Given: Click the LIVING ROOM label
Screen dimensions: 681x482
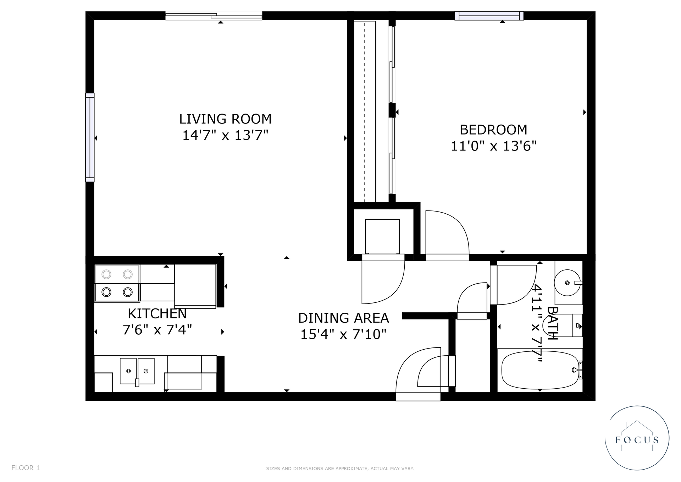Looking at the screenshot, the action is coord(225,119).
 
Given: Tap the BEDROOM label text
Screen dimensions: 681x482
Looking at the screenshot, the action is coord(493,130).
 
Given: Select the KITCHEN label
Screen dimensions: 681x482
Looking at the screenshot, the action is coord(157,314).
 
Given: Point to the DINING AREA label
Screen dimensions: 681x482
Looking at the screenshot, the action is coord(343,318).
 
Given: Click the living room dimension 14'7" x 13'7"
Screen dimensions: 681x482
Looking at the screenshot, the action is coord(225,135).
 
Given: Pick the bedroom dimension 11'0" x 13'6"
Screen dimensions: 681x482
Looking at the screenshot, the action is coord(493,146).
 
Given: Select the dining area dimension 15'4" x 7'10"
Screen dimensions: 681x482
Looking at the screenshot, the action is coord(343,334).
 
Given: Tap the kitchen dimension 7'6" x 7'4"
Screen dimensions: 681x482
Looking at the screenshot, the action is coord(157,330).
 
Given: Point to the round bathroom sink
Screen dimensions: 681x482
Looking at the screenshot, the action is coord(567,283).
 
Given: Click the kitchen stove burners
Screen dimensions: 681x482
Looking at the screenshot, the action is coord(117,283).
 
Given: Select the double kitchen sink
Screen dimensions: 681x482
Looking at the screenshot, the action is coord(137,371).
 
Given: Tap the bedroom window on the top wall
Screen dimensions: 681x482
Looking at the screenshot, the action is coord(489,16).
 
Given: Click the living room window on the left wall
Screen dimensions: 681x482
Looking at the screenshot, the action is coord(90,137).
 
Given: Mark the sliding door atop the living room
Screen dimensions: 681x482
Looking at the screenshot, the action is coord(214,15).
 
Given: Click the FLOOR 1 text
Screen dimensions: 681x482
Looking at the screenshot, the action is coord(26,468).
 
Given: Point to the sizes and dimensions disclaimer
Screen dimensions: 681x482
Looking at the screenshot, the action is coord(340,469).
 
